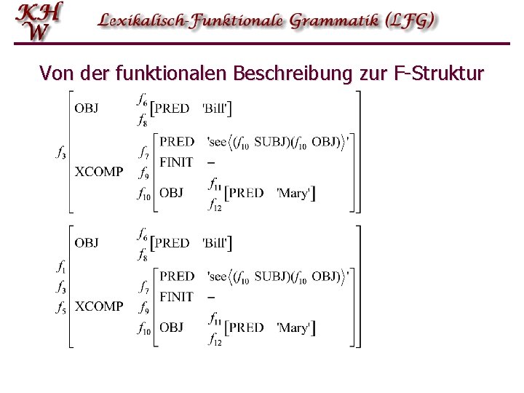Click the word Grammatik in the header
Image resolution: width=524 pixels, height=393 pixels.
(x=340, y=20)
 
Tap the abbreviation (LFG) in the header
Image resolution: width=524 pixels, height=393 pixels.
(x=411, y=20)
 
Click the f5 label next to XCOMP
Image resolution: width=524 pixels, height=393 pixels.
(x=61, y=306)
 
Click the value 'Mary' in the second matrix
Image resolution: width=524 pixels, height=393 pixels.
(x=293, y=327)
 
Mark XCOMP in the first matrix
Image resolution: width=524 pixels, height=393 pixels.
(x=99, y=172)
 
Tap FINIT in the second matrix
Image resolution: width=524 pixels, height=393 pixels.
(x=176, y=296)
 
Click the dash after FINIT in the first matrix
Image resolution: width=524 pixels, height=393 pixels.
(x=210, y=162)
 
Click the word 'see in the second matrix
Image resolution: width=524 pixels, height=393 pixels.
(x=218, y=277)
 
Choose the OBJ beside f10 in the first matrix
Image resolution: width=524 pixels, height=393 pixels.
(x=171, y=193)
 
